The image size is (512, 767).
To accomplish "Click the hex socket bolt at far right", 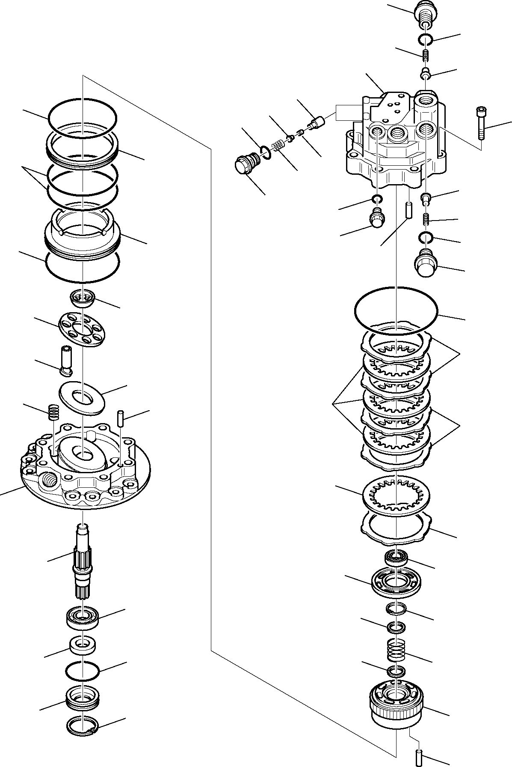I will (x=481, y=122).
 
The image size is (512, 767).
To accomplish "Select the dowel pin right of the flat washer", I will (x=121, y=418).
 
